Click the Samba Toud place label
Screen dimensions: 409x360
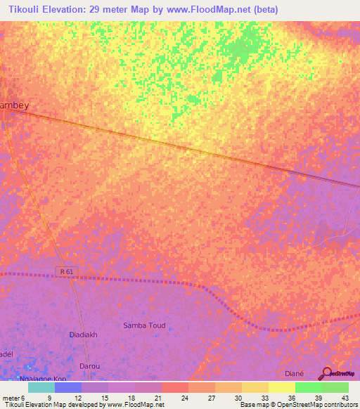tap(143, 325)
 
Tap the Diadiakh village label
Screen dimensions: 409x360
tap(86, 335)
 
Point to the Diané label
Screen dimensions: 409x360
tap(294, 373)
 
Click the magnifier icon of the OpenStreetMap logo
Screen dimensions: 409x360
tap(326, 374)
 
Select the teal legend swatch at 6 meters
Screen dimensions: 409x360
tap(41, 387)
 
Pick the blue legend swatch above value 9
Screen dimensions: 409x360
tap(68, 387)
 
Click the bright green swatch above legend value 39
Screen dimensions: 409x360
tap(308, 387)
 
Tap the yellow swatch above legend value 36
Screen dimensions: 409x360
tap(281, 387)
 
